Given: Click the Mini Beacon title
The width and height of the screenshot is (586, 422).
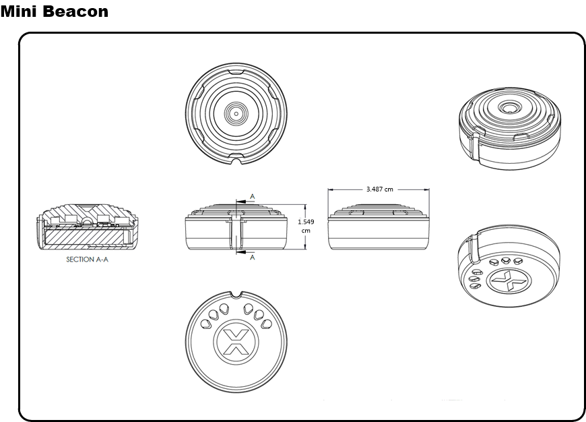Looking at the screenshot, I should pyautogui.click(x=54, y=11).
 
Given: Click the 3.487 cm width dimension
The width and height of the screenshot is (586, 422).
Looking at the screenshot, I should pyautogui.click(x=379, y=189).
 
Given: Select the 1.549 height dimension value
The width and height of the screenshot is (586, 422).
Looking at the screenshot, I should pyautogui.click(x=306, y=220).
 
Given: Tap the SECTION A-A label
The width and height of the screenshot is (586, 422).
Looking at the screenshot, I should pyautogui.click(x=87, y=259).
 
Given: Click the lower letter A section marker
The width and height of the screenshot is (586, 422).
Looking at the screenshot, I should pyautogui.click(x=252, y=257).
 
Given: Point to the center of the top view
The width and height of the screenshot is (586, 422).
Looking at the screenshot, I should pyautogui.click(x=236, y=114).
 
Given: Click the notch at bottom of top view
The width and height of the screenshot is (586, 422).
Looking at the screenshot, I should pyautogui.click(x=236, y=161).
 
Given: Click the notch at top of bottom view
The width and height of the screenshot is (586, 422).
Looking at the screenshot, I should pyautogui.click(x=236, y=295).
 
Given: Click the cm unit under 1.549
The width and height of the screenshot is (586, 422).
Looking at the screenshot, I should pyautogui.click(x=306, y=231).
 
